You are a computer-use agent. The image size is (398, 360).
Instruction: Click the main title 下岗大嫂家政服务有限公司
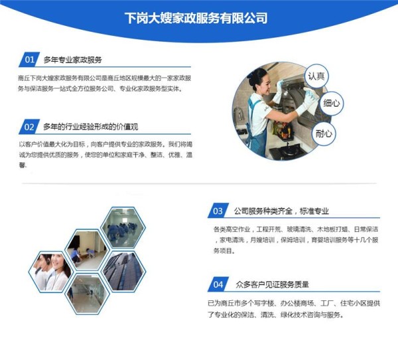(x=196, y=18)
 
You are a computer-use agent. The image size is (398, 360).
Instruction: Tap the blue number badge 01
(x=29, y=60)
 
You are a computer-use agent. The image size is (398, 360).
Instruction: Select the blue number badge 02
(x=29, y=127)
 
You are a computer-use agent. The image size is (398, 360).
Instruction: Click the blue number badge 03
(x=218, y=211)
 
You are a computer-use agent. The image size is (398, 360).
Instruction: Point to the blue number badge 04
(x=218, y=284)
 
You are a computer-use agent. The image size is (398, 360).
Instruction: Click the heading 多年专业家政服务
(x=72, y=60)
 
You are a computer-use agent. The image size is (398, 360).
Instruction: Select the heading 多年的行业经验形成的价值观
(x=91, y=127)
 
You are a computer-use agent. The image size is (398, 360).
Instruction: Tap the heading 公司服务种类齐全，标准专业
(x=281, y=211)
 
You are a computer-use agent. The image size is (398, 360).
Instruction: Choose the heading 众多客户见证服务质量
(x=273, y=284)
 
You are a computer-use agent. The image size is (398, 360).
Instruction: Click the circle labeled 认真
(x=316, y=76)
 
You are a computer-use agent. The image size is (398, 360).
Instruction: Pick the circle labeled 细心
(x=331, y=103)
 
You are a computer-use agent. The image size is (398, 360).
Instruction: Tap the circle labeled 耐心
(x=324, y=133)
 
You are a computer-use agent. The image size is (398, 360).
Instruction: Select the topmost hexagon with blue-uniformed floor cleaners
(x=123, y=227)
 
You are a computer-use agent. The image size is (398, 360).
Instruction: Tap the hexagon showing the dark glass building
(x=123, y=271)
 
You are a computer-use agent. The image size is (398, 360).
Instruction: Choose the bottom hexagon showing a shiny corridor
(x=87, y=294)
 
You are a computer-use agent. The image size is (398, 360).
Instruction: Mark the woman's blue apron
(x=256, y=132)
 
